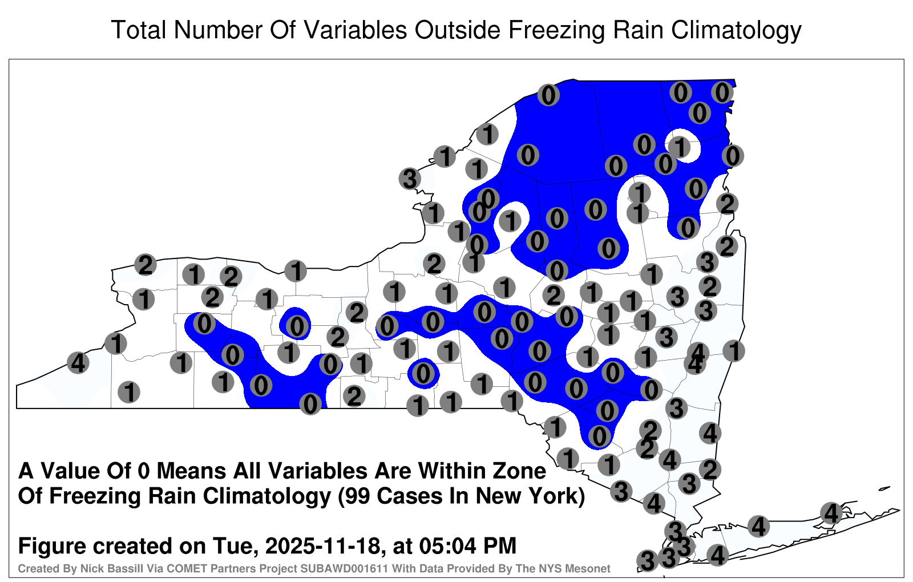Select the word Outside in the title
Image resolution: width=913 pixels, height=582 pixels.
[457, 30]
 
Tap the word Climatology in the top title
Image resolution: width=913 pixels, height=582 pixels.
[736, 31]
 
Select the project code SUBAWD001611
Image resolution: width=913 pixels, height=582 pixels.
[344, 568]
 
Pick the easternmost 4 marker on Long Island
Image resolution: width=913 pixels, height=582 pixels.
[831, 513]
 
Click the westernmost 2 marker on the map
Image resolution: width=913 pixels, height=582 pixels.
[146, 265]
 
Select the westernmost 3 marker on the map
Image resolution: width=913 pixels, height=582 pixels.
[410, 179]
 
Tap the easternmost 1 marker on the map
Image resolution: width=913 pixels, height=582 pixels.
[734, 351]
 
